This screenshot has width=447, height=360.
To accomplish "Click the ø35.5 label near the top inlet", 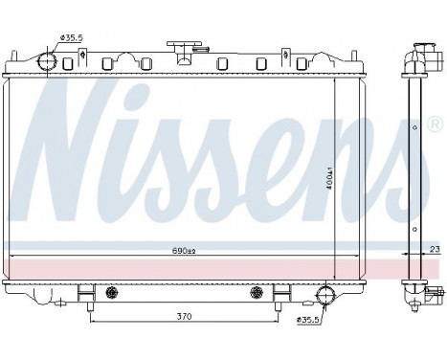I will click(73, 37).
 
